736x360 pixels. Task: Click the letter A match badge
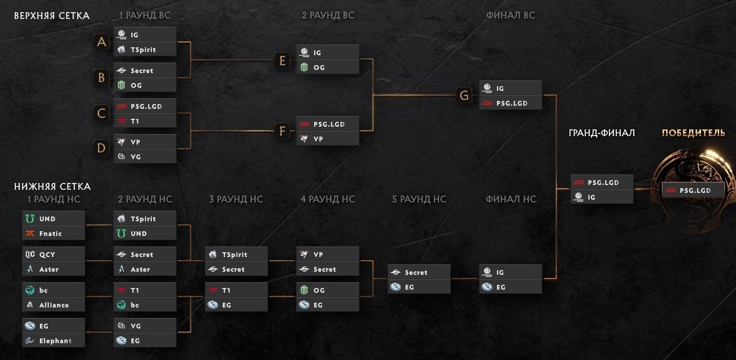pos(101,42)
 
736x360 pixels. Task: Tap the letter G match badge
pos(464,95)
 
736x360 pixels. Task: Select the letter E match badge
pos(282,60)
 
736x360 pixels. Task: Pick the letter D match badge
pos(101,148)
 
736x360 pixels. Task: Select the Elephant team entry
pos(54,341)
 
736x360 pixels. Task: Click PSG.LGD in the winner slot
pos(693,190)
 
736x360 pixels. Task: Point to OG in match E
pos(327,67)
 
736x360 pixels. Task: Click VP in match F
pos(327,139)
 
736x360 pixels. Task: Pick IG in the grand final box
pos(602,197)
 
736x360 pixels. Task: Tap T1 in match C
pos(144,121)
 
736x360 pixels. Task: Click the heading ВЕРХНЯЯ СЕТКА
pos(51,16)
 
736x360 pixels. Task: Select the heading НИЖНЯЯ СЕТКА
pos(52,187)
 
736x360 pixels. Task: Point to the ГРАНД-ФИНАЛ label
pos(602,133)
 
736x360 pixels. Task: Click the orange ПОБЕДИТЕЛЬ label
pos(693,132)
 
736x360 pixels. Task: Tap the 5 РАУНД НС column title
pos(419,199)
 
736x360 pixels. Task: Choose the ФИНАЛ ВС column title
pos(510,16)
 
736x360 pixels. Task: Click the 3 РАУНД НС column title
pos(236,199)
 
